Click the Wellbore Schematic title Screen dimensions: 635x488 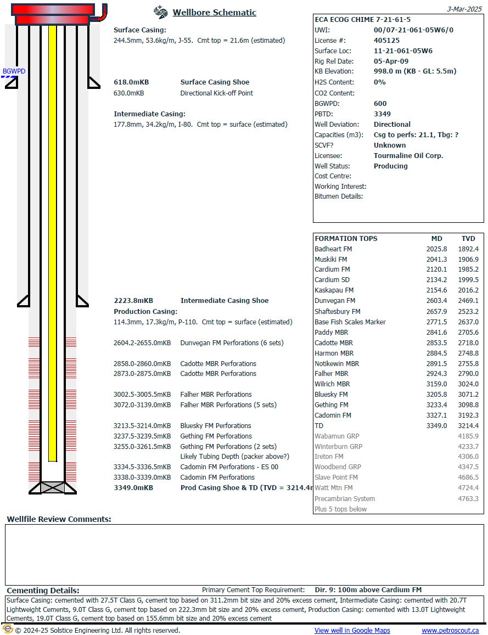(x=214, y=13)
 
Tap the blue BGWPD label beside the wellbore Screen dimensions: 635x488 (x=14, y=71)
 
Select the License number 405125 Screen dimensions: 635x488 (x=386, y=41)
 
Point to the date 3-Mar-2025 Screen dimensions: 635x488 (x=465, y=9)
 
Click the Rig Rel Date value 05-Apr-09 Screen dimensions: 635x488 (x=391, y=61)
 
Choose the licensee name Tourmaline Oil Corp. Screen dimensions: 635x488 (x=408, y=156)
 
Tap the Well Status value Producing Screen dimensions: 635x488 (x=390, y=166)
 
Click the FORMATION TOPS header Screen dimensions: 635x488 (x=346, y=239)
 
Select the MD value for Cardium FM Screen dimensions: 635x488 (x=437, y=269)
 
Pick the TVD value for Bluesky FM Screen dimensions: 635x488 (x=468, y=395)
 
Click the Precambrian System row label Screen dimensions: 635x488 (x=345, y=499)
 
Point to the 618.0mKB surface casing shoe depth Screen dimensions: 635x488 (x=131, y=82)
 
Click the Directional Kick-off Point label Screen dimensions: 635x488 (x=217, y=93)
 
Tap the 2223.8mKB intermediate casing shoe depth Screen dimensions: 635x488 (x=133, y=301)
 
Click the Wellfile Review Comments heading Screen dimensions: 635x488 (x=59, y=519)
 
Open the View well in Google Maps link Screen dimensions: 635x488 (x=352, y=631)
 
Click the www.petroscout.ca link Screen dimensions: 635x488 (x=450, y=631)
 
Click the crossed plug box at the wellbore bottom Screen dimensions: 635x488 (x=53, y=487)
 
